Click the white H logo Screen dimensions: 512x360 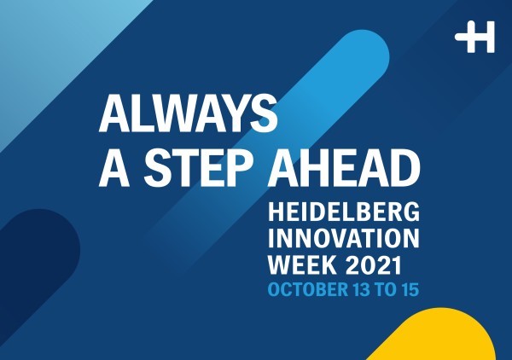[474, 37]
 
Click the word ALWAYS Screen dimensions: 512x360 [189, 113]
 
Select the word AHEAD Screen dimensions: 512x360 [344, 168]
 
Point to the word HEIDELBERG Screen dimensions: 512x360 [344, 212]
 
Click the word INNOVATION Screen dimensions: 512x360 [344, 238]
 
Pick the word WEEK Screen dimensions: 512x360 [302, 264]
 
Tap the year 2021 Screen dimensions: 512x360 [373, 264]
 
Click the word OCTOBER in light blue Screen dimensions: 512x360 [308, 289]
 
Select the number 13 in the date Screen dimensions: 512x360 [361, 289]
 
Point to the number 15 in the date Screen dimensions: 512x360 [410, 289]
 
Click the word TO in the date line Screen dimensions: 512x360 [387, 289]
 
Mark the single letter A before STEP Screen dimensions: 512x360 [114, 168]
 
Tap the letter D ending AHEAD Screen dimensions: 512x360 [404, 168]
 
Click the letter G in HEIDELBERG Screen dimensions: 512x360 [410, 212]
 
